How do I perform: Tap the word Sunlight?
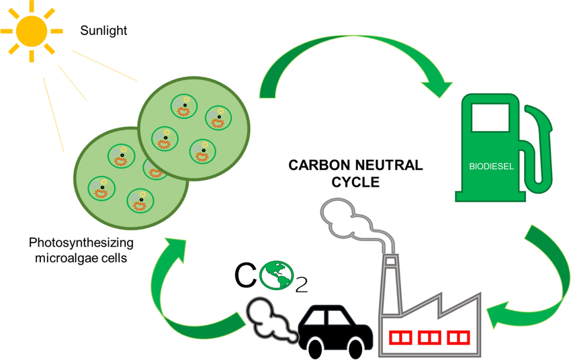coord(103,30)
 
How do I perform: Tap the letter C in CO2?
coord(247,274)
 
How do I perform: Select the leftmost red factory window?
coord(403,334)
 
